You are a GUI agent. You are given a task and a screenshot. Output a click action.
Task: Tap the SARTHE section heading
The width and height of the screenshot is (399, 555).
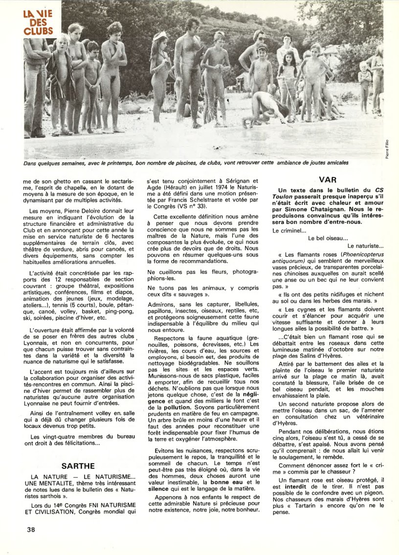tap(78, 466)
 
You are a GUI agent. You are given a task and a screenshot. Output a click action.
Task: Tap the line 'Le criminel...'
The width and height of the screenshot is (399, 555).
tap(289, 230)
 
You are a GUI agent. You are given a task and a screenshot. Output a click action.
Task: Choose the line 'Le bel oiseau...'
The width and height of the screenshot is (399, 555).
tap(328, 238)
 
